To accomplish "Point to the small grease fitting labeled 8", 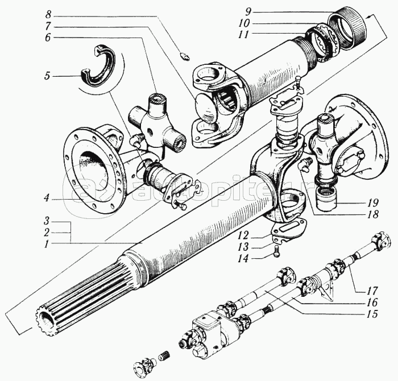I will (x=184, y=55).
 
